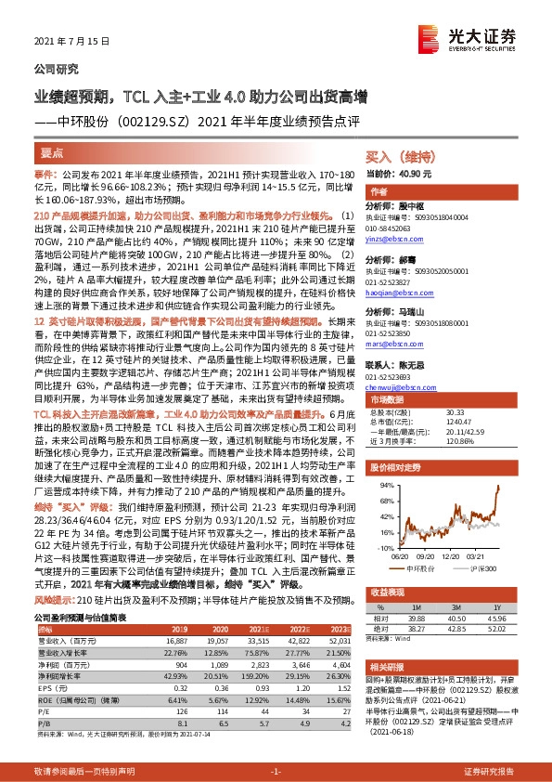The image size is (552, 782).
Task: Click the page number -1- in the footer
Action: pos(275,771)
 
